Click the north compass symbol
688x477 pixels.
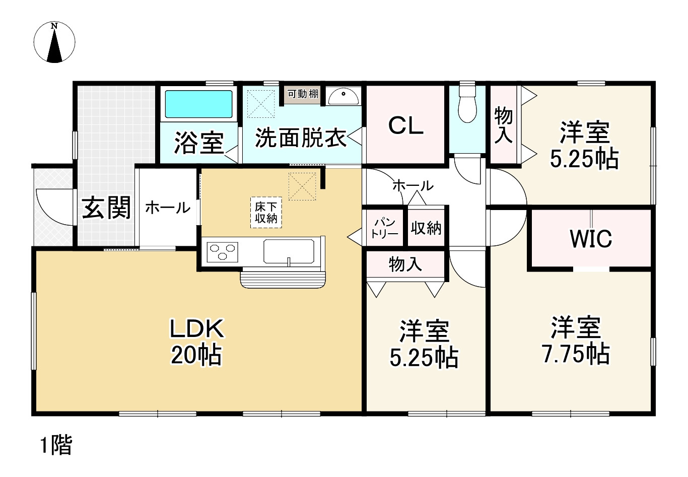pyautogui.click(x=54, y=43)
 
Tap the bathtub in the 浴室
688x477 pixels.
pyautogui.click(x=199, y=104)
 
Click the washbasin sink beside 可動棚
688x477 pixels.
pyautogui.click(x=343, y=95)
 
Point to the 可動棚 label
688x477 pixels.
pyautogui.click(x=303, y=94)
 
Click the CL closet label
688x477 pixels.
pyautogui.click(x=406, y=126)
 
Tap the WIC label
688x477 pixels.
pyautogui.click(x=591, y=239)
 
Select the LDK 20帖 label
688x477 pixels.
pyautogui.click(x=196, y=342)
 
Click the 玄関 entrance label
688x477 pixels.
pyautogui.click(x=106, y=208)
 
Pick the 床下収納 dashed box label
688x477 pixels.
pyautogui.click(x=266, y=212)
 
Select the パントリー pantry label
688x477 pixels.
pyautogui.click(x=385, y=228)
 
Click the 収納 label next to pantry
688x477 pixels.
pyautogui.click(x=426, y=228)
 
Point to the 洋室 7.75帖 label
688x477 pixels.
pyautogui.click(x=576, y=340)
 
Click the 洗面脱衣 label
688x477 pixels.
pyautogui.click(x=301, y=138)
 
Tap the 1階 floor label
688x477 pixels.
pyautogui.click(x=56, y=445)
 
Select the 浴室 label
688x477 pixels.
pyautogui.click(x=199, y=143)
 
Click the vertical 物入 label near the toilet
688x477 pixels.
pyautogui.click(x=504, y=125)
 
